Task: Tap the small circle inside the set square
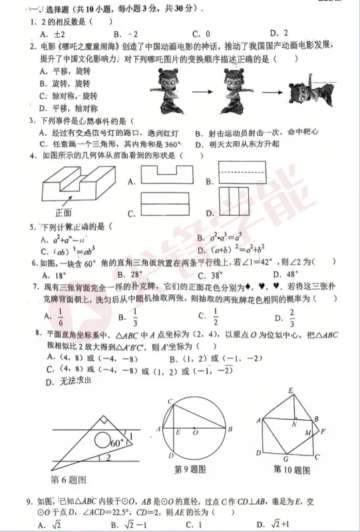[102, 440]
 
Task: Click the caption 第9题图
[190, 469]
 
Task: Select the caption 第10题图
[292, 469]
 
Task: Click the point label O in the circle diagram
[196, 432]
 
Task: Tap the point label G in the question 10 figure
[285, 459]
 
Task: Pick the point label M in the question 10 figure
[309, 433]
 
